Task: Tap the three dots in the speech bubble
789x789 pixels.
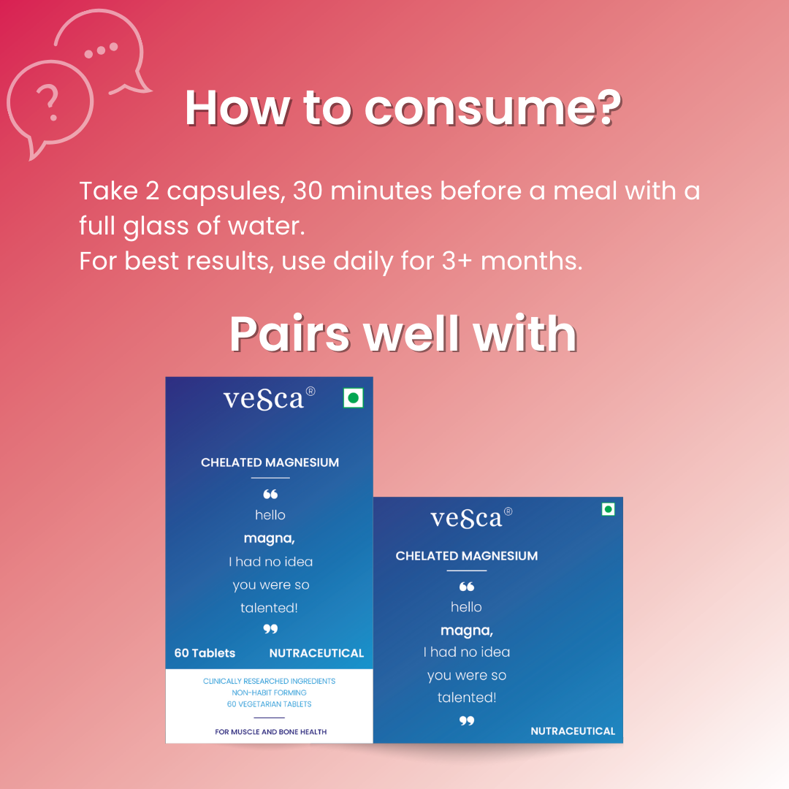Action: tap(101, 50)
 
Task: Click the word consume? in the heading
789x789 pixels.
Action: tap(493, 107)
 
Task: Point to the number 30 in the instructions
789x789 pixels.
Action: tap(308, 191)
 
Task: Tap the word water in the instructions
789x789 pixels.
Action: tap(266, 226)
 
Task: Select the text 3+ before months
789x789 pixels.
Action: tap(457, 261)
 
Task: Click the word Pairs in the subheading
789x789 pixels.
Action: tap(289, 334)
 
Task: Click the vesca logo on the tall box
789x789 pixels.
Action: tap(269, 399)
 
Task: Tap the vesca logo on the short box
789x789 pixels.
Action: tap(471, 518)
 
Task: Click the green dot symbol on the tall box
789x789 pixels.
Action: tap(354, 398)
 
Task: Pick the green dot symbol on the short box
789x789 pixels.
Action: tap(609, 509)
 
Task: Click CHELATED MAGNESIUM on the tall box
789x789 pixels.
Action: tap(270, 462)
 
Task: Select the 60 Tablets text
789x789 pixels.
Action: tap(205, 653)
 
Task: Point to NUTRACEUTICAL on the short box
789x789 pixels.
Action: tap(573, 731)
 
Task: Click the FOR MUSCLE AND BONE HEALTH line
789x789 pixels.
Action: tap(271, 731)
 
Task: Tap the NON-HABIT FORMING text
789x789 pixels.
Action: tap(269, 693)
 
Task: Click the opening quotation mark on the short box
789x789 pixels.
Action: tap(466, 587)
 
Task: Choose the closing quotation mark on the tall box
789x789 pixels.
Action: tap(270, 629)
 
